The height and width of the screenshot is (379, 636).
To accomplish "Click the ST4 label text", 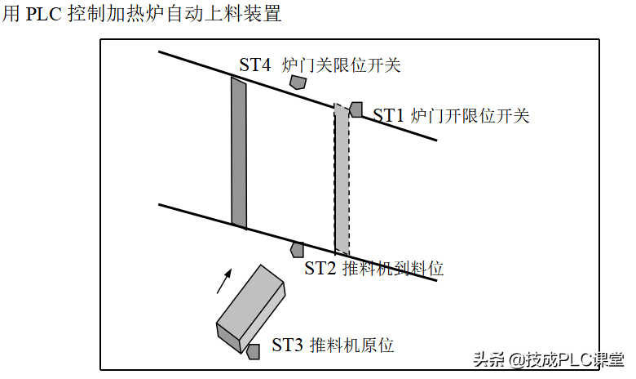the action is [x=255, y=65].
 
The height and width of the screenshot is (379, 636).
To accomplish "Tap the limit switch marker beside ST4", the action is [x=298, y=82].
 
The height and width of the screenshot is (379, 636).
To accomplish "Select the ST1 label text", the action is [x=389, y=115].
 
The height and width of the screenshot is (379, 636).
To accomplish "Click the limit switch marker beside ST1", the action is [x=356, y=109].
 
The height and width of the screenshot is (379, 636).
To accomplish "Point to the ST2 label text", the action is [x=320, y=268].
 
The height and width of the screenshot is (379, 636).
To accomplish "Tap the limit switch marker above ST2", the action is [x=298, y=249].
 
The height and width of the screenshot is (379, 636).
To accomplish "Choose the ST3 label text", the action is [x=288, y=346].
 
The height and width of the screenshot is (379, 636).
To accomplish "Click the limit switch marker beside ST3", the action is [x=254, y=351].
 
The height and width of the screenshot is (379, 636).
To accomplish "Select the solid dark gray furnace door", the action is [x=239, y=153].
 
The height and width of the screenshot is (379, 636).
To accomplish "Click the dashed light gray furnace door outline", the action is [x=342, y=180].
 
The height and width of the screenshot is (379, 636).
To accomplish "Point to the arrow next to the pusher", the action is [x=223, y=281].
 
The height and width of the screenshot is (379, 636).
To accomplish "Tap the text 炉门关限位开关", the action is [x=342, y=65].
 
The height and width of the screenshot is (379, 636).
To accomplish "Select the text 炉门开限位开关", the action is [x=470, y=115].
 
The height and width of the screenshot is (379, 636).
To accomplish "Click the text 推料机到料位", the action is [x=393, y=268].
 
